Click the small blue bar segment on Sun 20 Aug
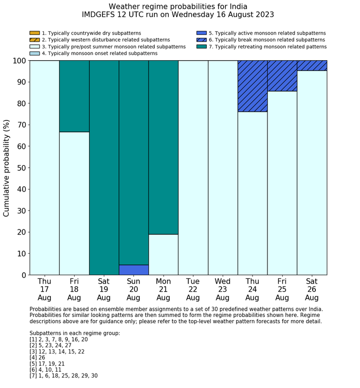tap(134, 270)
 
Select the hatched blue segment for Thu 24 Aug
tap(253, 86)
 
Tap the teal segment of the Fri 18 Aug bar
tap(74, 96)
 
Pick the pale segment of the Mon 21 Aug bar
tap(164, 254)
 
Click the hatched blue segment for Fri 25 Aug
tap(282, 76)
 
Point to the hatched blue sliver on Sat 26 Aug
tap(312, 65)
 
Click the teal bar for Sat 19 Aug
tap(104, 168)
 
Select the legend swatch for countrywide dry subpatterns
tap(34, 33)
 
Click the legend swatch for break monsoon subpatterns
tap(201, 40)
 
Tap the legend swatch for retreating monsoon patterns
tap(201, 46)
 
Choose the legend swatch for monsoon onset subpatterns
tap(34, 53)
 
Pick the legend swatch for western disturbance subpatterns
tap(34, 40)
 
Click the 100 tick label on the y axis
tap(19, 61)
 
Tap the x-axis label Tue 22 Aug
tap(193, 289)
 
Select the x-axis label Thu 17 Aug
tap(44, 289)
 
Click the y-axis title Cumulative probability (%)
tap(7, 168)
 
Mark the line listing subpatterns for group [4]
tap(38, 358)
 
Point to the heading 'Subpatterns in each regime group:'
tap(75, 333)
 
